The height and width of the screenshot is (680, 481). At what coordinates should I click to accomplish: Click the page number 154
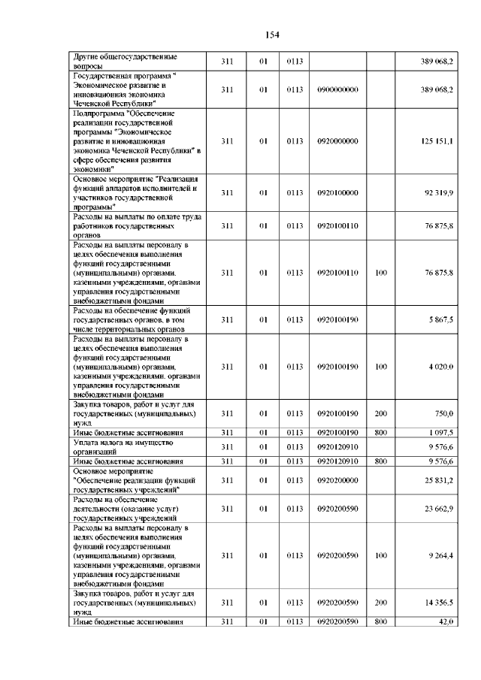click(271, 34)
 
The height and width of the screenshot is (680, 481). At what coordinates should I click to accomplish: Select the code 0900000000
click(337, 89)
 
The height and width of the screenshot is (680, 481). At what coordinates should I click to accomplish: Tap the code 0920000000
click(337, 141)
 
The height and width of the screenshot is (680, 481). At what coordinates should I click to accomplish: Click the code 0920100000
click(337, 192)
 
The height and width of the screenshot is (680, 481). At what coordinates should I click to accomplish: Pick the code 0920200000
click(337, 480)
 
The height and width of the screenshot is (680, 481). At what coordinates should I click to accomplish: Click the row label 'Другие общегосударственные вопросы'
click(125, 61)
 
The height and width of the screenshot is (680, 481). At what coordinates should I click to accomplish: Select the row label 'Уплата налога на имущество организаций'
click(124, 448)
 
